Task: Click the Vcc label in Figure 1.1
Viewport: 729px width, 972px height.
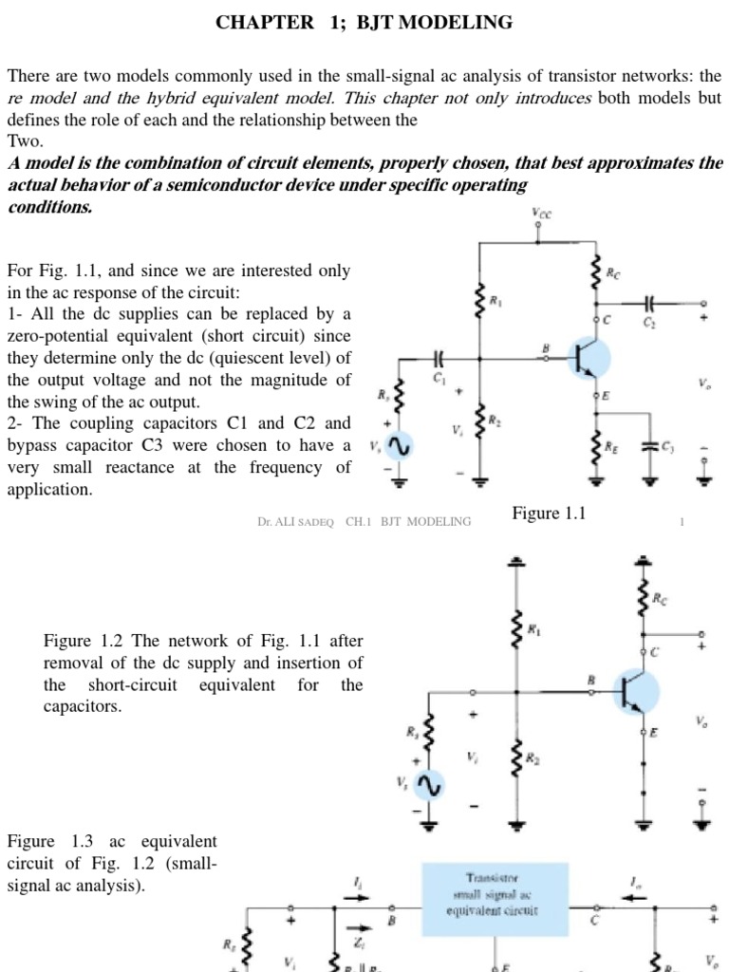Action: pos(541,215)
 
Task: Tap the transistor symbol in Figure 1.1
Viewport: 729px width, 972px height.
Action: pos(588,359)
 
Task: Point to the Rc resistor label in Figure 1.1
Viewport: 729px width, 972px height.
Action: pos(615,272)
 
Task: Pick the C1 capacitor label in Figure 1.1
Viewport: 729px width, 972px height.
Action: pos(439,378)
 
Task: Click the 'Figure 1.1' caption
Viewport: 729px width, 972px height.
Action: pos(551,514)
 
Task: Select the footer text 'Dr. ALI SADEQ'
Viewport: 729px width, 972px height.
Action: pos(295,521)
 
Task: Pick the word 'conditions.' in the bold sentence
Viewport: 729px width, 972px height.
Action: pos(49,207)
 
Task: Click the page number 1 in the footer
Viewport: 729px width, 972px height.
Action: pos(682,521)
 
